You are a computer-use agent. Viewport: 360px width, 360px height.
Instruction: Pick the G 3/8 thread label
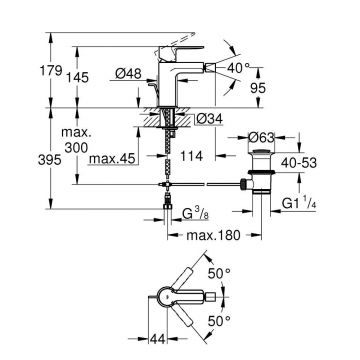[x=193, y=213]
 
